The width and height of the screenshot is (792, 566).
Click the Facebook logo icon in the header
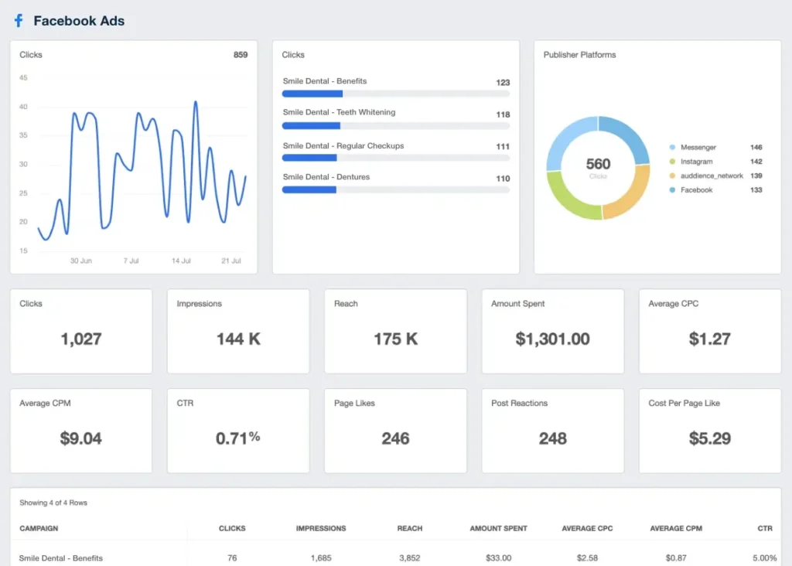pyautogui.click(x=19, y=21)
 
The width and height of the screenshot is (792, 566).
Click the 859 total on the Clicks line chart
pyautogui.click(x=241, y=55)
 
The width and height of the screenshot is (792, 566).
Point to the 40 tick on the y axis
pyautogui.click(x=23, y=107)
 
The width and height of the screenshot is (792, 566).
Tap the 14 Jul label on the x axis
pyautogui.click(x=181, y=261)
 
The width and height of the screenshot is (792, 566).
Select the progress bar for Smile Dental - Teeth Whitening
pyautogui.click(x=395, y=125)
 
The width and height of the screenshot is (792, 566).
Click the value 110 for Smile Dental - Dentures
pyautogui.click(x=503, y=179)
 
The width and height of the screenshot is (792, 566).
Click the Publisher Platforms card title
pyautogui.click(x=579, y=55)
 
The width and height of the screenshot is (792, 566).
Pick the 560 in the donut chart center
pyautogui.click(x=598, y=164)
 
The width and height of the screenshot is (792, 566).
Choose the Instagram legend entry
pyautogui.click(x=696, y=162)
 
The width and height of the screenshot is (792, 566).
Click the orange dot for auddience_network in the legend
pyautogui.click(x=672, y=176)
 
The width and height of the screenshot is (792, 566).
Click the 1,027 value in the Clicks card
pyautogui.click(x=81, y=339)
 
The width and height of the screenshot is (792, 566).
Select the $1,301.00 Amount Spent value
pyautogui.click(x=552, y=339)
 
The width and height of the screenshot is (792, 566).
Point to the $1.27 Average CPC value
pyautogui.click(x=709, y=339)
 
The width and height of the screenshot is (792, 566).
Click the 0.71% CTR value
pyautogui.click(x=237, y=438)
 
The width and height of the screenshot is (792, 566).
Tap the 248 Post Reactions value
pyautogui.click(x=552, y=438)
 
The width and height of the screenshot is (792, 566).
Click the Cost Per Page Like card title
pyautogui.click(x=684, y=403)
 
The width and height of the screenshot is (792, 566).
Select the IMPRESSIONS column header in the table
pyautogui.click(x=321, y=528)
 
